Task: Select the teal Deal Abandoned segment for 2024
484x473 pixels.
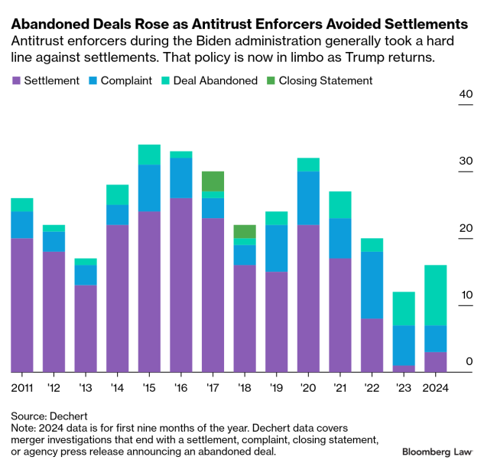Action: click(x=435, y=295)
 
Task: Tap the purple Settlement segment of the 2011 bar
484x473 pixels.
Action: click(x=22, y=305)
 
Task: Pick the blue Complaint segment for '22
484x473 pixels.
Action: click(x=372, y=285)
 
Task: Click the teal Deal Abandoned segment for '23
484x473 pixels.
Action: click(x=404, y=308)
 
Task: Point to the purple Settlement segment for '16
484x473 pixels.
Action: click(x=181, y=285)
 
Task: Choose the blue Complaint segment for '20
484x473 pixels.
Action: click(x=308, y=197)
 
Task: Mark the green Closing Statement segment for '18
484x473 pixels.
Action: click(x=245, y=231)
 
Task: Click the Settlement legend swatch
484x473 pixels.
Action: click(x=16, y=80)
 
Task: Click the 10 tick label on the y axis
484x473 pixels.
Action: click(x=466, y=295)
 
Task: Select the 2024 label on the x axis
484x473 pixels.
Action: click(x=435, y=387)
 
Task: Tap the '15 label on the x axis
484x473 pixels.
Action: click(x=149, y=387)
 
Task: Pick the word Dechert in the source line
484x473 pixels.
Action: click(x=70, y=416)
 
